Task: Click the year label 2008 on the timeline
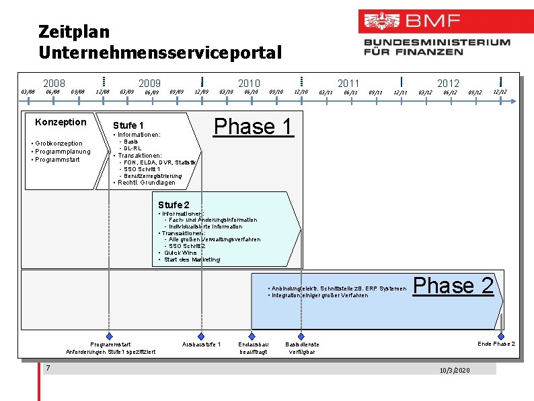54,83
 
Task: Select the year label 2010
249,83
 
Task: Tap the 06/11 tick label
350,92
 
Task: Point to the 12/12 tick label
500,92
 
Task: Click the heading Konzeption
61,122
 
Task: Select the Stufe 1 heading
128,125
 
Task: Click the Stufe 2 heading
174,204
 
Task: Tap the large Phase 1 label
254,127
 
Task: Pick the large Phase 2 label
453,286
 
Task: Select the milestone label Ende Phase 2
496,344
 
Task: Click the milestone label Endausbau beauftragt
253,348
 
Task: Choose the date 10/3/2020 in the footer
455,371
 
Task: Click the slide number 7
48,368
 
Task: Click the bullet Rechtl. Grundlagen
146,183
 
